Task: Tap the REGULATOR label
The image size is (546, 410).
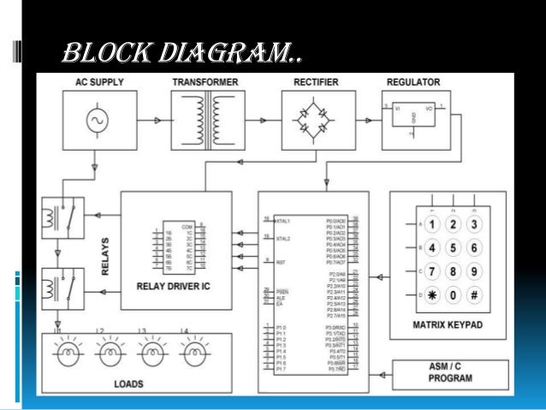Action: (x=412, y=82)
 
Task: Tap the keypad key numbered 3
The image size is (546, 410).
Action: (x=472, y=225)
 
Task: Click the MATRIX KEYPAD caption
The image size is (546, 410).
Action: (x=449, y=326)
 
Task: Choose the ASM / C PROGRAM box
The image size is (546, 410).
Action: (x=440, y=372)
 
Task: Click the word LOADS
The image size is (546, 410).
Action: (x=128, y=383)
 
